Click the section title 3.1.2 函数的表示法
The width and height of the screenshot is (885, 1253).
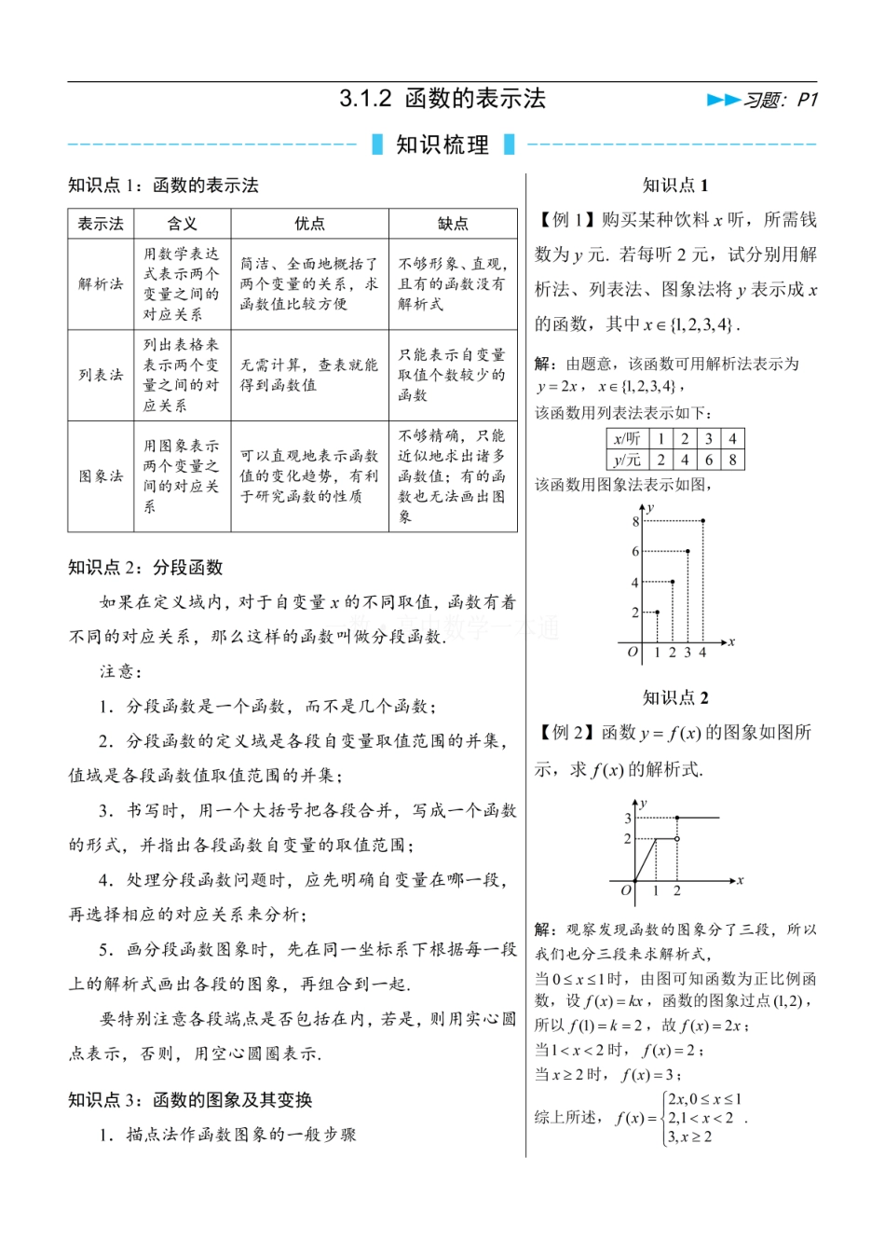pos(442,99)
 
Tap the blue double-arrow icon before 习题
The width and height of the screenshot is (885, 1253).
pos(723,100)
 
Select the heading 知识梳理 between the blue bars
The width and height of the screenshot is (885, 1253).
pos(442,145)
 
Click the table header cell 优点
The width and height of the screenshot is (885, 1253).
pos(309,224)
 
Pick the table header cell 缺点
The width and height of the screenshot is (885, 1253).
pos(453,224)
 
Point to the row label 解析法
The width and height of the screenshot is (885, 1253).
pos(101,283)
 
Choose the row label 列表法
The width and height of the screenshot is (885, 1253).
pos(101,375)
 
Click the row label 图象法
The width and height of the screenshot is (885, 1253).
pos(101,476)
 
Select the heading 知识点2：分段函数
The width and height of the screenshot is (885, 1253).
pos(145,568)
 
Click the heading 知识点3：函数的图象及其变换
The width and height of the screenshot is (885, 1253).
pos(190,1100)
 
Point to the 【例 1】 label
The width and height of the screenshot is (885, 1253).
pos(565,220)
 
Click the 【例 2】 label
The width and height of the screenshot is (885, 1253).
pos(565,733)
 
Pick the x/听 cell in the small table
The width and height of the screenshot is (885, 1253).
pos(627,439)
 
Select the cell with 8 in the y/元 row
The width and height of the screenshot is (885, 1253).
pos(732,459)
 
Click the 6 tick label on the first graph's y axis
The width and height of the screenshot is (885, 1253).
pos(635,552)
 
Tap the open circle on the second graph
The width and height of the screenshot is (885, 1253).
pos(676,839)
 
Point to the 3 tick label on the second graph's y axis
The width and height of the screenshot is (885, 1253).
pos(628,819)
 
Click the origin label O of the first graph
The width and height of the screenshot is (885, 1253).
pos(633,653)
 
